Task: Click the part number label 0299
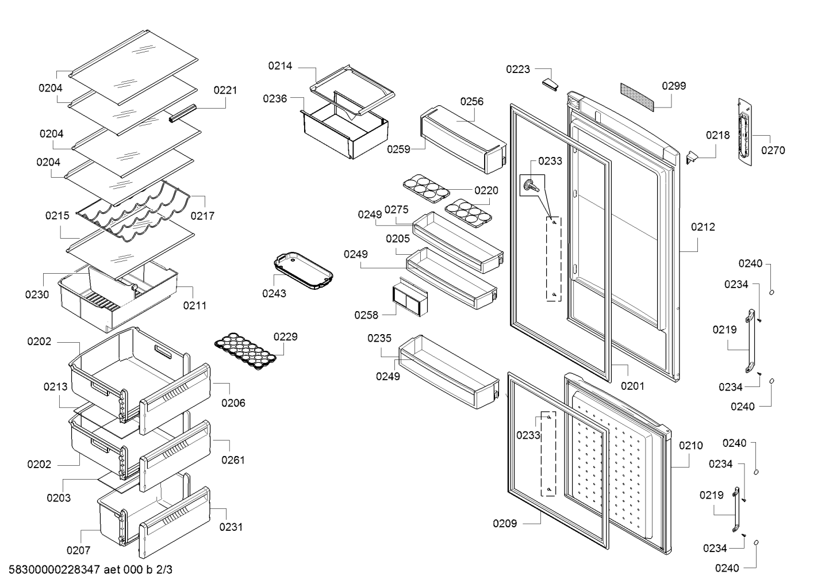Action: [674, 86]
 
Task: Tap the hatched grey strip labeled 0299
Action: [637, 97]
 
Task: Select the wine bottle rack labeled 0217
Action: [133, 211]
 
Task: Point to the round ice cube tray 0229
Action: [245, 351]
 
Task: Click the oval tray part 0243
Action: [303, 271]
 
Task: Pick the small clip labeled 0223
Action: [550, 84]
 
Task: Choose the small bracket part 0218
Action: [692, 157]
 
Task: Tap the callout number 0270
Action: [773, 150]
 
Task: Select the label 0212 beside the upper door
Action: [703, 227]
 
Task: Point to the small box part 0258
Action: [410, 298]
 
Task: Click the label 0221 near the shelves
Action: [225, 90]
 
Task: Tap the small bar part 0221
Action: [182, 113]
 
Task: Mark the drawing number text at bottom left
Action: [90, 569]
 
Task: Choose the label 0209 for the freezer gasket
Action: [505, 523]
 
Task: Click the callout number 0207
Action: [78, 550]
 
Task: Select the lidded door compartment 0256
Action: [463, 140]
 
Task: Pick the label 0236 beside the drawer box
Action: [275, 99]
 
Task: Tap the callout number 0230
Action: [37, 294]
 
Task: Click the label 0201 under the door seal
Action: [632, 386]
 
